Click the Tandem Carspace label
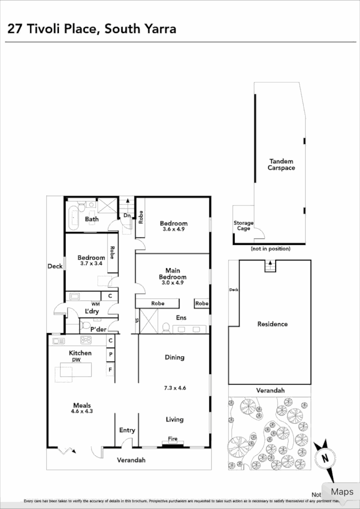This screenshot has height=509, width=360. point(281,164)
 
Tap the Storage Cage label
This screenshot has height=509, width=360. point(244,226)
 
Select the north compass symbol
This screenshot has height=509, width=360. point(325,457)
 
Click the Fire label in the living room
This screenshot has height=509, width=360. point(173,439)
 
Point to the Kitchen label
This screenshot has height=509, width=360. point(80,353)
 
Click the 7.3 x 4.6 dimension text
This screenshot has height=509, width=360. point(175,388)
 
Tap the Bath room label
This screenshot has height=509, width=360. point(91,219)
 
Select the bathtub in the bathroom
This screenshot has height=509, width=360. point(73,216)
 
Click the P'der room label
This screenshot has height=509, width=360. point(98,329)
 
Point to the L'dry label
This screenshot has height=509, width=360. point(91,312)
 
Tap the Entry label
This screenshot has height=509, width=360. point(127,430)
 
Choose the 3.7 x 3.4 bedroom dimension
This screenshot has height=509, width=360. point(91,264)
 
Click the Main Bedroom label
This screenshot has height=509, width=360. point(172,274)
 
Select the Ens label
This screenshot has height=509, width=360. point(181,318)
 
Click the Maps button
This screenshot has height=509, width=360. point(341,492)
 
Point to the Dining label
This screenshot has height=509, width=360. point(174,357)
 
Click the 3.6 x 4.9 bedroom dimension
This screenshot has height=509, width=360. point(173,230)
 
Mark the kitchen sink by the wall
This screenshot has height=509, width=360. point(59,340)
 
